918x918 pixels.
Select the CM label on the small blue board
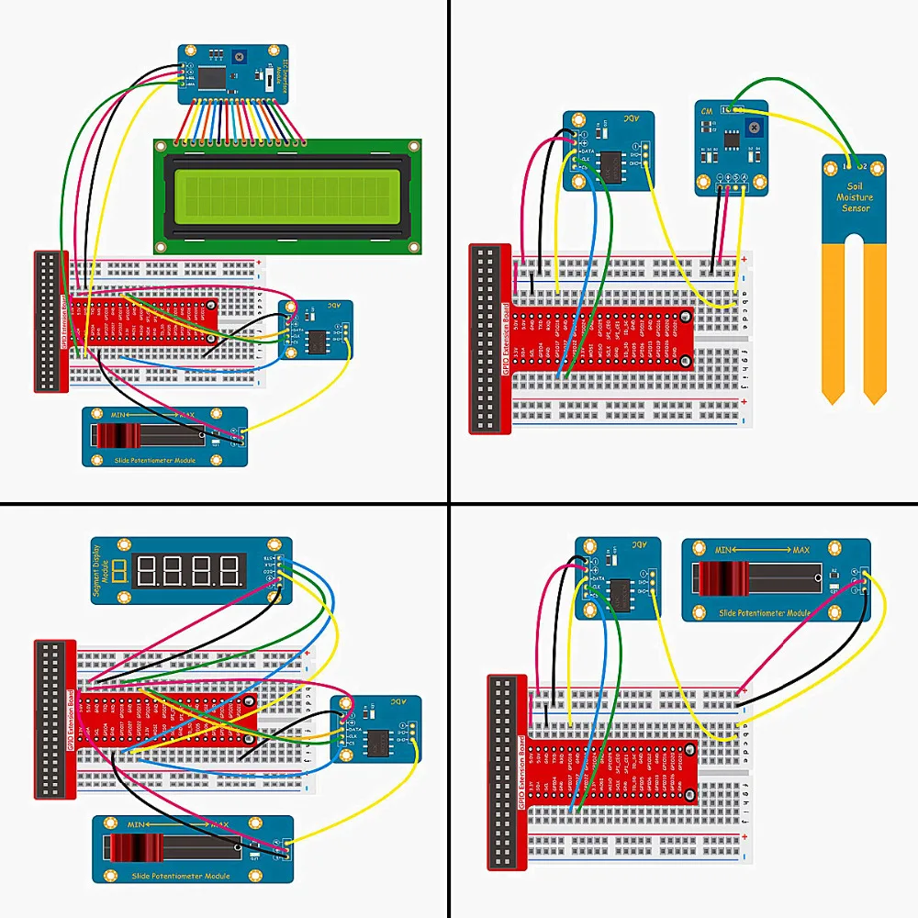[x=706, y=110]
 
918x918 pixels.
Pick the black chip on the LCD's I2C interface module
[x=213, y=78]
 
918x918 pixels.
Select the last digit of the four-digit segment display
[x=232, y=572]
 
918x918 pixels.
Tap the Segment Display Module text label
[x=105, y=572]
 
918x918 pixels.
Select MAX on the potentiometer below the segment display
[x=218, y=825]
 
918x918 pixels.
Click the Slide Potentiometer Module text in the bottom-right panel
[x=765, y=611]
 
